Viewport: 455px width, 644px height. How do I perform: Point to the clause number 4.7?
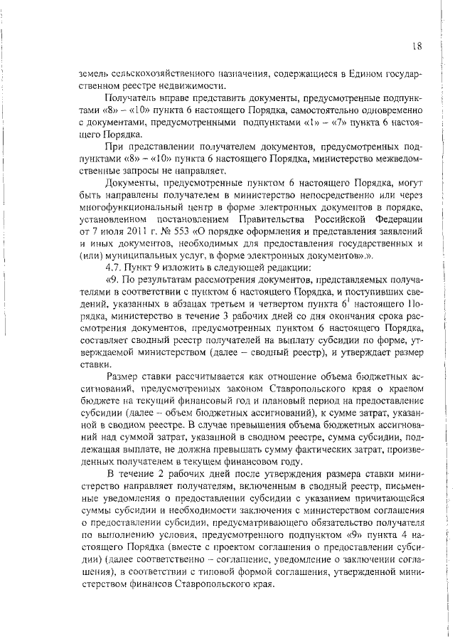(x=113, y=267)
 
